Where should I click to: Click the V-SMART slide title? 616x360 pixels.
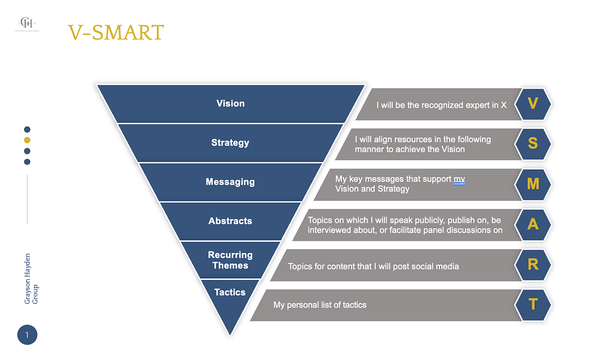[115, 32]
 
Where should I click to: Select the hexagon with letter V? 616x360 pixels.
[533, 104]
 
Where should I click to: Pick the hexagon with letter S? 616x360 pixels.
[533, 143]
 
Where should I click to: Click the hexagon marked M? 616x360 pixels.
[533, 183]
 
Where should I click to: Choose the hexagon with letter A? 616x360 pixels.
[533, 224]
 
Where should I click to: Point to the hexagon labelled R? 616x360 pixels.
[533, 264]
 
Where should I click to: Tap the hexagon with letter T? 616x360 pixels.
[533, 304]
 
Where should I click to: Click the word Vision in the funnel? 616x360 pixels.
[230, 103]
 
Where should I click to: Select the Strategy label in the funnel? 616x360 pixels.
[230, 143]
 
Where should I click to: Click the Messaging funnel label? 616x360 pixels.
[230, 182]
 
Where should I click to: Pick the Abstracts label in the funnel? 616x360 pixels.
[230, 221]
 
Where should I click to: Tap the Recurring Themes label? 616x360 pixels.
[230, 260]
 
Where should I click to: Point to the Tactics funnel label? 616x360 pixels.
[229, 292]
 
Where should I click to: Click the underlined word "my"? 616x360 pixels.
[459, 179]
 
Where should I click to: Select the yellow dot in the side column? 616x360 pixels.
[27, 140]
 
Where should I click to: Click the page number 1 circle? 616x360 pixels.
[27, 335]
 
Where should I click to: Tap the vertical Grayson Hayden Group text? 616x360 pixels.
[31, 278]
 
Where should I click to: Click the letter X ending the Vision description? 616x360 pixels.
[504, 105]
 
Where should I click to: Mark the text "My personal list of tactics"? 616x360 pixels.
[320, 305]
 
